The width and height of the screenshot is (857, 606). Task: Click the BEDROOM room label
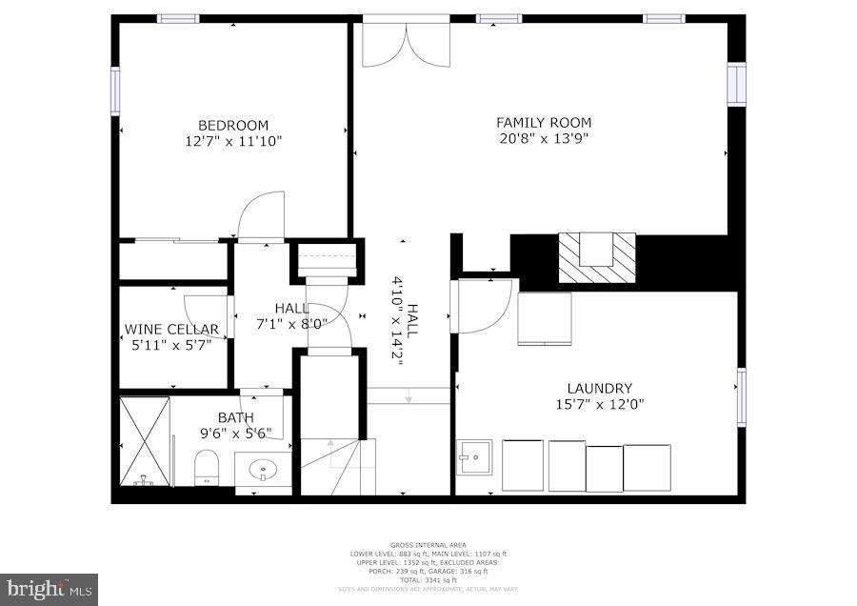point(233,125)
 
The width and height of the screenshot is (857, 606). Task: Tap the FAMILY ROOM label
point(544,122)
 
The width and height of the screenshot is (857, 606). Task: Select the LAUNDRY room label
point(599,388)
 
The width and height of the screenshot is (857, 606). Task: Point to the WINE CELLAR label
point(171,330)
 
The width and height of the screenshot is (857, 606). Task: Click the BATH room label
point(235,417)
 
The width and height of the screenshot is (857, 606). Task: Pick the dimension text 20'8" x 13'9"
point(544,138)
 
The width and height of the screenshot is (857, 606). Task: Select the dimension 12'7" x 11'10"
point(233,141)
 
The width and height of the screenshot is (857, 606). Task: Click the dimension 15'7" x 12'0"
point(599,404)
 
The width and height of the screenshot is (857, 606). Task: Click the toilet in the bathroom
point(207,467)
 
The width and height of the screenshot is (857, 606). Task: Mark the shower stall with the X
point(145,441)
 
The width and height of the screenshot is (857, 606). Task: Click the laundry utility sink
point(473,456)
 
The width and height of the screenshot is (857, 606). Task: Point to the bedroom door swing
point(261,215)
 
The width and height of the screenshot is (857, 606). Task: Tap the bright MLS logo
point(49,589)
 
